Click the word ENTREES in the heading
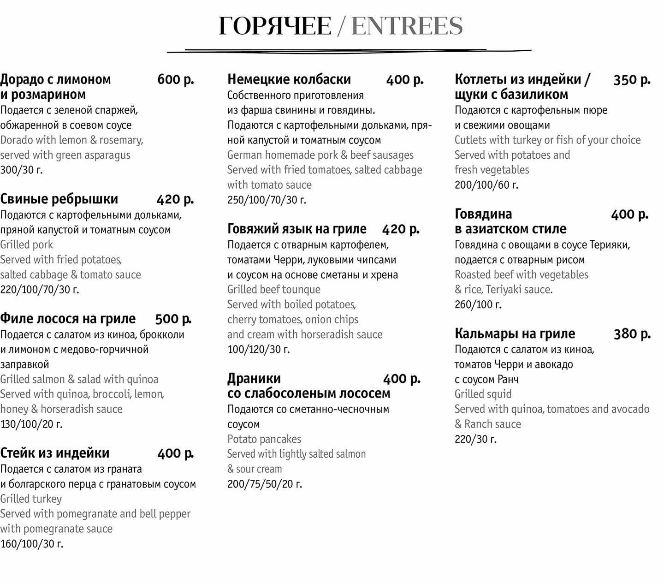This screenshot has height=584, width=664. (407, 26)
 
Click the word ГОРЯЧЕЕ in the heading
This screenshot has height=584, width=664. (275, 26)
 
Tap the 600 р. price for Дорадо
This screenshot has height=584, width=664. (176, 79)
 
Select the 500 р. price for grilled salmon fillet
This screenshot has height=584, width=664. (173, 319)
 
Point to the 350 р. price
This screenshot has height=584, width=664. (632, 79)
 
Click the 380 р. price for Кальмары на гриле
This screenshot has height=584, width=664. (632, 334)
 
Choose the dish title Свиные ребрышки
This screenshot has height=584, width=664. (59, 199)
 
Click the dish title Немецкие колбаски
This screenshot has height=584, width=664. (289, 79)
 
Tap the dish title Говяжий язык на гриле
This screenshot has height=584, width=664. (296, 229)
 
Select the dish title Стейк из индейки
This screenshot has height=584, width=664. (55, 453)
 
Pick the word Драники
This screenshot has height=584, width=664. (254, 378)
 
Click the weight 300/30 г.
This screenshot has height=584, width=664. (21, 170)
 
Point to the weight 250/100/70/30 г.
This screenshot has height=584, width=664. (267, 200)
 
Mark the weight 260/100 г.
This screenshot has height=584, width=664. (478, 304)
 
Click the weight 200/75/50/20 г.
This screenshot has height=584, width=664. (265, 484)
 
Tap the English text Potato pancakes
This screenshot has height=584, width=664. (264, 439)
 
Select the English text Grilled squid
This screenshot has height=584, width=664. (483, 394)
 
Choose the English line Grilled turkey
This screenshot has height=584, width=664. (31, 499)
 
